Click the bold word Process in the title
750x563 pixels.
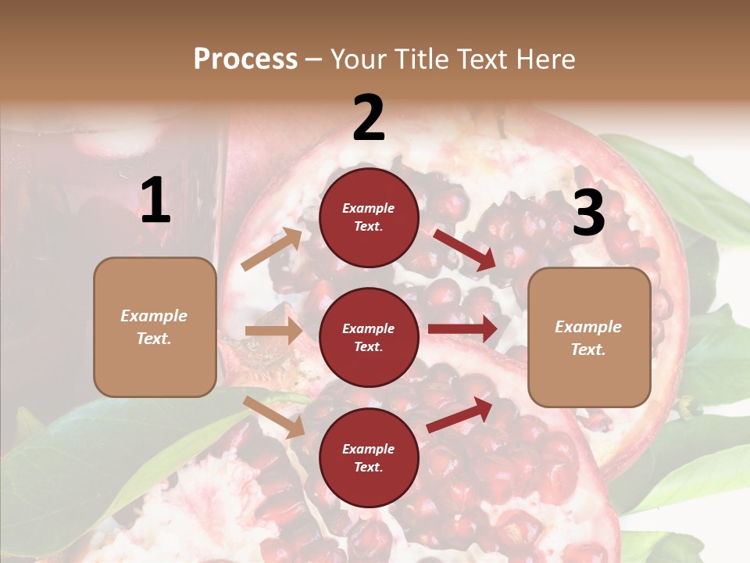245,59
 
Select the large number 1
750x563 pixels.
155,201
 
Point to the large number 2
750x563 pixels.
369,118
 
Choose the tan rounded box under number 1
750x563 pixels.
155,327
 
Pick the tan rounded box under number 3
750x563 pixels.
589,338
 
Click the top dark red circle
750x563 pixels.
369,217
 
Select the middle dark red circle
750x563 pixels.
369,337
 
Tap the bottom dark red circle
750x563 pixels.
369,457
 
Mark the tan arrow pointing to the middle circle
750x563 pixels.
273,331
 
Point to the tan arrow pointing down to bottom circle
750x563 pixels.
274,417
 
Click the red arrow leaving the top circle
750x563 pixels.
464,249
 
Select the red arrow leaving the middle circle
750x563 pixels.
462,329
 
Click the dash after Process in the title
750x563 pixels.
313,59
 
